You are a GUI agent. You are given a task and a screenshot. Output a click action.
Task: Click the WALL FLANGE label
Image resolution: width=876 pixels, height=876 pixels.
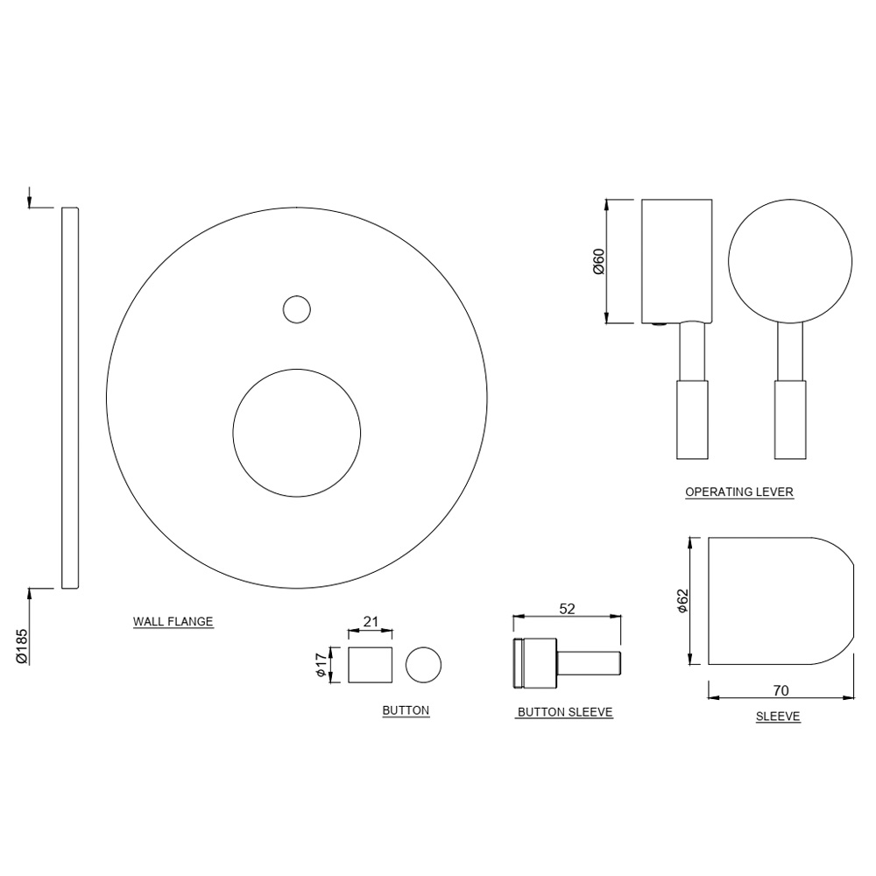click(173, 622)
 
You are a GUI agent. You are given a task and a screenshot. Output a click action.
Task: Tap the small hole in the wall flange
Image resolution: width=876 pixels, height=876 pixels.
click(297, 308)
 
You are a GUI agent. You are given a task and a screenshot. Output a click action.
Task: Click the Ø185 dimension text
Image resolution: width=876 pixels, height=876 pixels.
click(23, 646)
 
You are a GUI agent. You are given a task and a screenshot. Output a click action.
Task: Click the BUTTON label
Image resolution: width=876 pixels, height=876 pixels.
click(406, 710)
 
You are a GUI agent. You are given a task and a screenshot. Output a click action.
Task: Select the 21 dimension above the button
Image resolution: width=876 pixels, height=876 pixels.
click(371, 622)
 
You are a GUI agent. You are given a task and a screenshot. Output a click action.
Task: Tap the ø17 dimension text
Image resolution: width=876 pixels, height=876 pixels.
click(321, 665)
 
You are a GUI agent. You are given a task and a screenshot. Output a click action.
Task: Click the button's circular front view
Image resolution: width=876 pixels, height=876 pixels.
click(424, 665)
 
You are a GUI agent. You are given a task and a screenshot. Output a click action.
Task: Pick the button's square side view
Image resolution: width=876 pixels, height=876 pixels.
click(370, 665)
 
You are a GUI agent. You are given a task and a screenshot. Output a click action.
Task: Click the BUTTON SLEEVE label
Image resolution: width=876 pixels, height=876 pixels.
click(564, 713)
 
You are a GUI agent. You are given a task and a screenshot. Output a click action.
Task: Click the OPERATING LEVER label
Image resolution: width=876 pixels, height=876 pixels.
click(738, 492)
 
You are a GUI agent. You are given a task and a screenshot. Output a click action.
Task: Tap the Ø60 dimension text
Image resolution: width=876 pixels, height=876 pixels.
click(599, 261)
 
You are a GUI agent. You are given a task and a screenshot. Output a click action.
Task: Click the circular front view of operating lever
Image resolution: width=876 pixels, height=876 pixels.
click(789, 262)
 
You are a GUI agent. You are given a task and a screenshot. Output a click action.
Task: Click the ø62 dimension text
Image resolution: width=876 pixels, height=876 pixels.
click(683, 600)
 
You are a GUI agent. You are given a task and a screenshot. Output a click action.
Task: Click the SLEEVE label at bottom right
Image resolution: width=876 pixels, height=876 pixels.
click(778, 717)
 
